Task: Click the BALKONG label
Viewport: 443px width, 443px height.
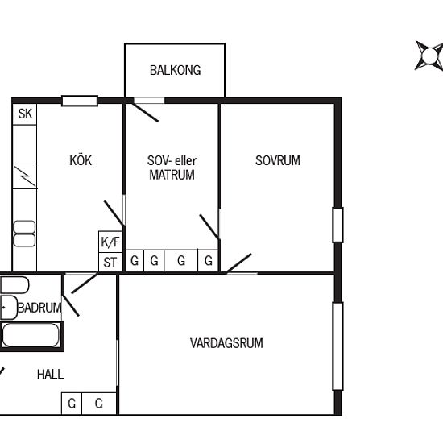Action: pos(175,70)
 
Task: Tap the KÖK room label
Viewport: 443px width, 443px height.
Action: pos(81,160)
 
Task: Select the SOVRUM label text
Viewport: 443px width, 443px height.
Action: pos(278,160)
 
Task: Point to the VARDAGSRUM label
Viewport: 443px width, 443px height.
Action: pos(226,343)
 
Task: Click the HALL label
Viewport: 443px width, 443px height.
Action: pos(50,375)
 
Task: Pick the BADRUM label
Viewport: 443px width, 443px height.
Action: pos(39,308)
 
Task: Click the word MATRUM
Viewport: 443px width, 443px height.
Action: pos(172,175)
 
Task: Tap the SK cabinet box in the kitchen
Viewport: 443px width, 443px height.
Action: pos(25,114)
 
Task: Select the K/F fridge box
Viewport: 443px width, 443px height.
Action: pos(110,242)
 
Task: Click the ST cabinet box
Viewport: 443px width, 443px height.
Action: pos(110,263)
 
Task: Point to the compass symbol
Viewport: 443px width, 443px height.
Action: pos(429,56)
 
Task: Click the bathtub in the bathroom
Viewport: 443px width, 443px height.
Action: pos(31,335)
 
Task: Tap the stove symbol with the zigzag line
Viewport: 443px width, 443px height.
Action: pos(25,176)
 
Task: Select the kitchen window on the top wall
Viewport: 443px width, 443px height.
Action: pos(80,101)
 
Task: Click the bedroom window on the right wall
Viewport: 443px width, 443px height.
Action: pos(338,225)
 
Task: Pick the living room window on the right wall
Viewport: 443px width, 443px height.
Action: pos(338,346)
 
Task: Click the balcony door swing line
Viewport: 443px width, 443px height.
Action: pos(145,113)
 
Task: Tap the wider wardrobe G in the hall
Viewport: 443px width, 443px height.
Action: pos(99,404)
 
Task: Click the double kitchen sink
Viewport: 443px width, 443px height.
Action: pos(24,234)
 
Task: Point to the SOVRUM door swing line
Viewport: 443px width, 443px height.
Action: pos(238,263)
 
